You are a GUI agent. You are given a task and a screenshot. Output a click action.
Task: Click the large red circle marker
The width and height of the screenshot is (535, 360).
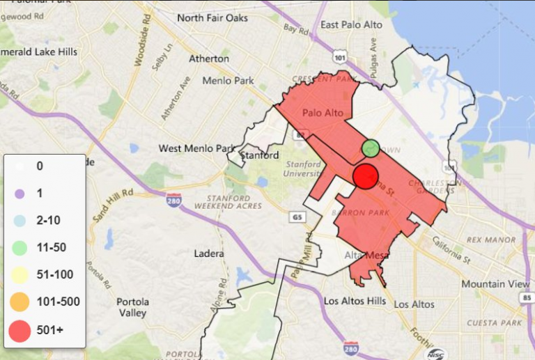tap(365, 176)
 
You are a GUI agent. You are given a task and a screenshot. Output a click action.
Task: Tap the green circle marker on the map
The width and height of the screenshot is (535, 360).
tap(371, 148)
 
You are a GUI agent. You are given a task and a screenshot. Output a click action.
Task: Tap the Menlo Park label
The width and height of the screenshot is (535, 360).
tap(228, 80)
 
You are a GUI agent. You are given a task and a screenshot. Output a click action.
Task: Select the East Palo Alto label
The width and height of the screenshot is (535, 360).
tap(352, 25)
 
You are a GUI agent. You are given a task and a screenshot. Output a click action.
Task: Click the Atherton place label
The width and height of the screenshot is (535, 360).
tap(209, 58)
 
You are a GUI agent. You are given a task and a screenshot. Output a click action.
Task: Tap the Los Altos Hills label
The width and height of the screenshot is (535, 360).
tap(355, 302)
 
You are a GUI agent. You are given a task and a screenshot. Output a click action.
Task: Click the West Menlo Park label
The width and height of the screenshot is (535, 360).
tap(196, 148)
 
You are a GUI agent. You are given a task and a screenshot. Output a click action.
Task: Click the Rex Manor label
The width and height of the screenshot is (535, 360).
tap(494, 240)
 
